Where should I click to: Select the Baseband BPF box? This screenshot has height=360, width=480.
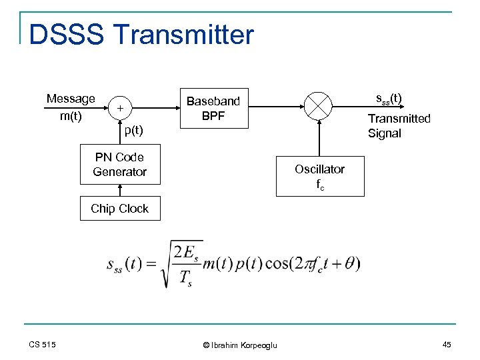tap(213, 108)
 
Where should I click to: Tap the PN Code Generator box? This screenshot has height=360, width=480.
tap(119, 164)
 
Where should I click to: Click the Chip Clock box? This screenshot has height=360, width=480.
tap(119, 209)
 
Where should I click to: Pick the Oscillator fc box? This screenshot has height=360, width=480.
tap(320, 176)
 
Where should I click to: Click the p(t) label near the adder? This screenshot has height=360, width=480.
tap(133, 129)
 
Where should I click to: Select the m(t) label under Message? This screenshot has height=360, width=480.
tap(71, 117)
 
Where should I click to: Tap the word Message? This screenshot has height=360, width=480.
tap(71, 99)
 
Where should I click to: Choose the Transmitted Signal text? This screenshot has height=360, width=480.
tap(399, 125)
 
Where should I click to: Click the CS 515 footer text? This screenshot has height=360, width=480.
tap(43, 344)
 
